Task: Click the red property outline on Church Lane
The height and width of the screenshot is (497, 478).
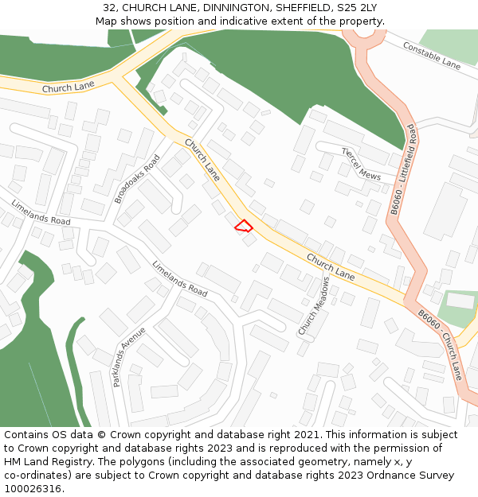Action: pos(244,226)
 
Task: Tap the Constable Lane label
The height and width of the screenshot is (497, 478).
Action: pos(431,55)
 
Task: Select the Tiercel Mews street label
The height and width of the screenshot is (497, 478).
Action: pos(361,163)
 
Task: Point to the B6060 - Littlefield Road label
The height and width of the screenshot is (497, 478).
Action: pos(402,170)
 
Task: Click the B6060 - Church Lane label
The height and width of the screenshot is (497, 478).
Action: pos(440,344)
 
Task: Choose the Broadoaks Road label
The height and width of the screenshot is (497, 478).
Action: pos(137,179)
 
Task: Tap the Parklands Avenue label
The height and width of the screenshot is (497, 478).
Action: pos(129,355)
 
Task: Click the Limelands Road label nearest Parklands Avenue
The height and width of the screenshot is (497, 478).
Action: pos(179,280)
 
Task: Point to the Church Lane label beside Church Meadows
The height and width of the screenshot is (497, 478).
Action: pos(331,266)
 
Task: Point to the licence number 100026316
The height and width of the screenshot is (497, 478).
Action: pos(34,489)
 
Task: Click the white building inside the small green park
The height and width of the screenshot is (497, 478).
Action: pos(460,301)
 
